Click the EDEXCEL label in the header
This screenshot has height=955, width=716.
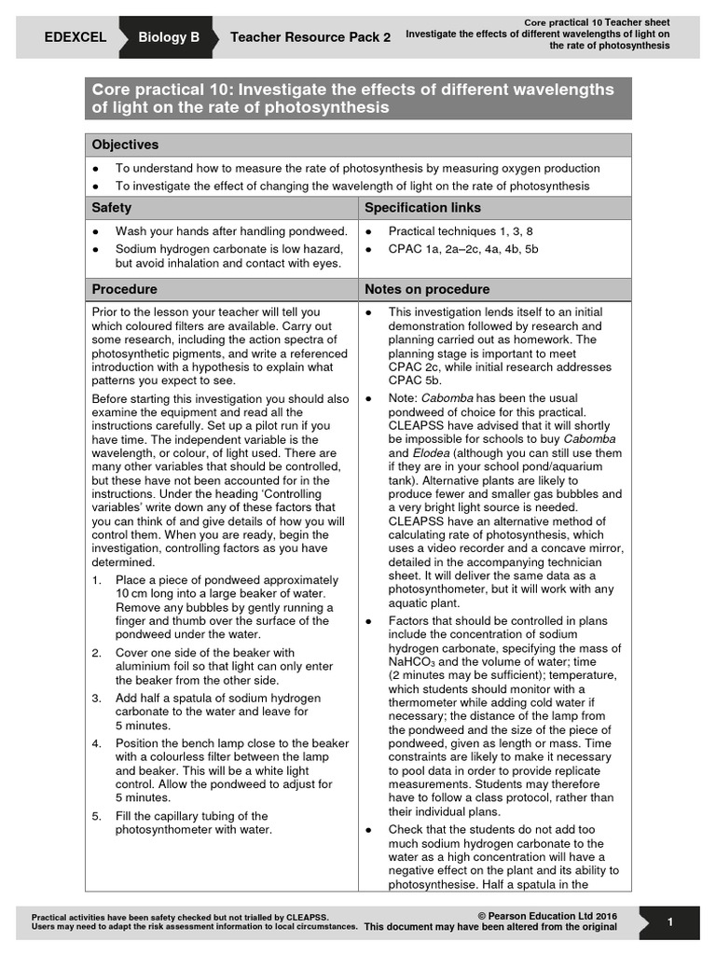[x=76, y=38]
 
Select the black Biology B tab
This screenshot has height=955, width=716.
[x=169, y=38]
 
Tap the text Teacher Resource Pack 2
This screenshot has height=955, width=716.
[x=310, y=38]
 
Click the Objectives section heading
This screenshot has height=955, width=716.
[x=125, y=145]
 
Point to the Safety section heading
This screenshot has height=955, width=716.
[x=111, y=207]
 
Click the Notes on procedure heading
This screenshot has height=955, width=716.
[x=427, y=289]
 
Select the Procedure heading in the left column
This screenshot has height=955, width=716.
[x=124, y=289]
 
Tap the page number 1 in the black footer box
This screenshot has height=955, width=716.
[x=670, y=922]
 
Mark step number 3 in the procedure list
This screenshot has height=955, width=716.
[x=96, y=698]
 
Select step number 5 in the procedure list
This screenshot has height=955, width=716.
[x=96, y=816]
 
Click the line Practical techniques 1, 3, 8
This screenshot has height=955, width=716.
[x=461, y=230]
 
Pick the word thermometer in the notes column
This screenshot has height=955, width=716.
[x=432, y=702]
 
